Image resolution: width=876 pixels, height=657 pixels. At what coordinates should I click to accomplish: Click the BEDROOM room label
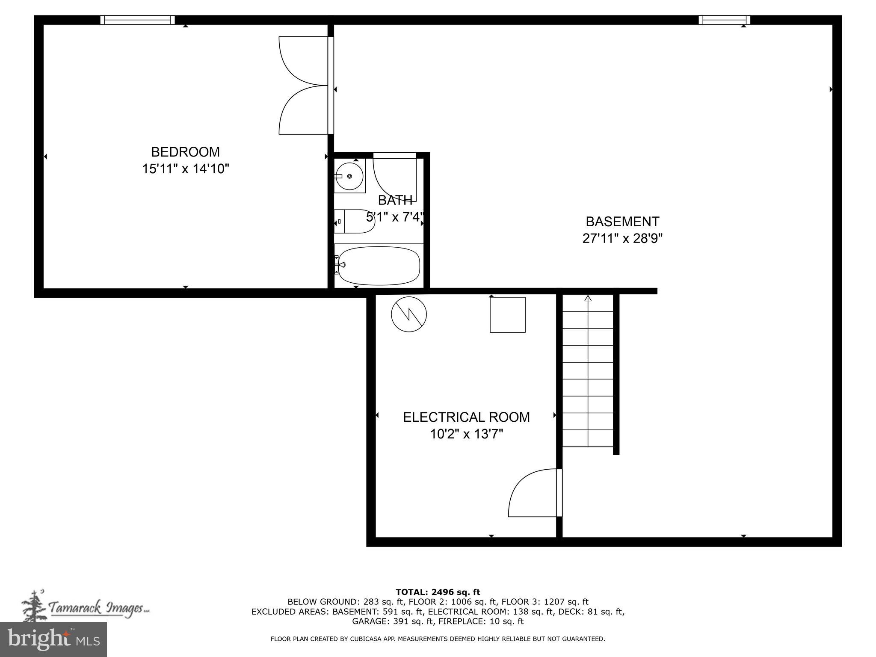(x=185, y=152)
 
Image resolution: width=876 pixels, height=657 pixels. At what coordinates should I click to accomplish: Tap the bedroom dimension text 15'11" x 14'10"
(x=185, y=169)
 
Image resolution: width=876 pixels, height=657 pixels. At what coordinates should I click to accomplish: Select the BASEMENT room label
(x=622, y=222)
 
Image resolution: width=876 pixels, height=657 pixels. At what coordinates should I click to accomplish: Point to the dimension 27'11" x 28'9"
(x=622, y=238)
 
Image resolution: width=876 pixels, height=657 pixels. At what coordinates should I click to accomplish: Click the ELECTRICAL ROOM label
(x=466, y=417)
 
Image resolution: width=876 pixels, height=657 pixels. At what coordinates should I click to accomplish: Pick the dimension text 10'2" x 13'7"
(x=466, y=434)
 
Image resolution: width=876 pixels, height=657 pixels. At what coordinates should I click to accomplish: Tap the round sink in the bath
(x=349, y=176)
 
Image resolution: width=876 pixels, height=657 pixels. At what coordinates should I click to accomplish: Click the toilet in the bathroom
(x=354, y=222)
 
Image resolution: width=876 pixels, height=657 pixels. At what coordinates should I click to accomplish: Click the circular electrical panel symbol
(x=409, y=314)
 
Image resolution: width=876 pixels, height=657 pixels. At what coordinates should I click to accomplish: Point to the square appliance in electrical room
(x=507, y=314)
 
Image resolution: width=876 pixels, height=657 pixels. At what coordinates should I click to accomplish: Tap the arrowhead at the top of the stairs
(x=588, y=299)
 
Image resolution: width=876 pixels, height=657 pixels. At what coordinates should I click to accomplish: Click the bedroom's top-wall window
(x=137, y=20)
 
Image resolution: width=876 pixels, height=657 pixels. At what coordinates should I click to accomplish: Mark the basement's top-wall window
(x=724, y=20)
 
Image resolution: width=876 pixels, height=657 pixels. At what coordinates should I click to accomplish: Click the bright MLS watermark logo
(x=53, y=639)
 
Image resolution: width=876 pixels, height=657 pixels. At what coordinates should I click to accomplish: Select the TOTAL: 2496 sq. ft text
(x=438, y=592)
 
